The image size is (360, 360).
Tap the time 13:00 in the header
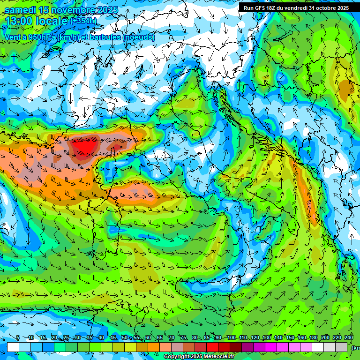coord(20,21)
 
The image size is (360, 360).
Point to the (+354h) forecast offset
coord(83,21)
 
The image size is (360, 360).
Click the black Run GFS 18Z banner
coord(296,8)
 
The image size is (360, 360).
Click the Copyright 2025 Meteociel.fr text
coord(199,357)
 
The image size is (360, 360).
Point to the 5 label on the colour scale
coord(18,338)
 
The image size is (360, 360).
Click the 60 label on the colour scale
coord(148,338)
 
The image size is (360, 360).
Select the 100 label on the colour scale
coord(231,338)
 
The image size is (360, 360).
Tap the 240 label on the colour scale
coord(349,338)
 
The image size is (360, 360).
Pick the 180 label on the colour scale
coord(313,338)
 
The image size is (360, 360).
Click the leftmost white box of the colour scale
coord(13,346)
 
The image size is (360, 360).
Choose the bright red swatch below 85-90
coord(212,346)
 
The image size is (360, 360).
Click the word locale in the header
coord(51,21)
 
